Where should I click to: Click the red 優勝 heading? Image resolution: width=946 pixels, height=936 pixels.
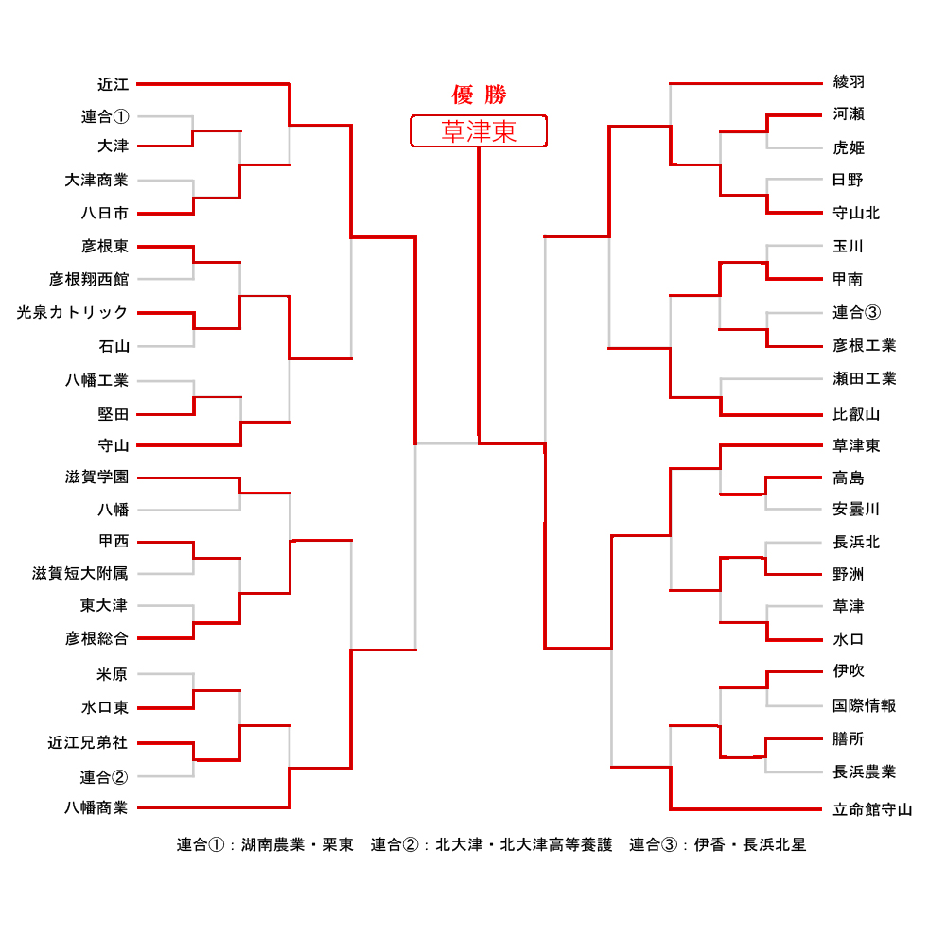[479, 95]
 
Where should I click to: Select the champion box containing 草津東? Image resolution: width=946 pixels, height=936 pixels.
[479, 131]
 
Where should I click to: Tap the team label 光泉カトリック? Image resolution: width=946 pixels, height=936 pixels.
[72, 312]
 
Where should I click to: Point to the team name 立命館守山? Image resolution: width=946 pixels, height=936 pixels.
[872, 809]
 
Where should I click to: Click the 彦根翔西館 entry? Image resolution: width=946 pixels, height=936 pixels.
[88, 279]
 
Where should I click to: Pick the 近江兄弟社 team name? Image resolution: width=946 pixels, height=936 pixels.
[88, 743]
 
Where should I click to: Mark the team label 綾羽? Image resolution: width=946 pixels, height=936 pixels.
[849, 82]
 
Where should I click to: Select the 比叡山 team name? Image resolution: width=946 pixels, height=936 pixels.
[856, 414]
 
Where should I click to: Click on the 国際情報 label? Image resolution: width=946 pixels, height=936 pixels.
[864, 705]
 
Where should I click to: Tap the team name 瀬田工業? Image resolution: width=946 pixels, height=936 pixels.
[864, 378]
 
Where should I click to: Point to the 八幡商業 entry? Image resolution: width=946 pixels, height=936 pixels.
[96, 807]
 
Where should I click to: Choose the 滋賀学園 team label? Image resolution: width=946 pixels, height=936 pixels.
[96, 477]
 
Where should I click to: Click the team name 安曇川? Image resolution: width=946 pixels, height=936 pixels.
[856, 510]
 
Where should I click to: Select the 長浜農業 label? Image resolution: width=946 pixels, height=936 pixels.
[864, 772]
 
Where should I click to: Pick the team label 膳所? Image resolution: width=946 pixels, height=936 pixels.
[849, 739]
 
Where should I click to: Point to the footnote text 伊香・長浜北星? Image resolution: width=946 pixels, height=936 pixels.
[750, 844]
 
